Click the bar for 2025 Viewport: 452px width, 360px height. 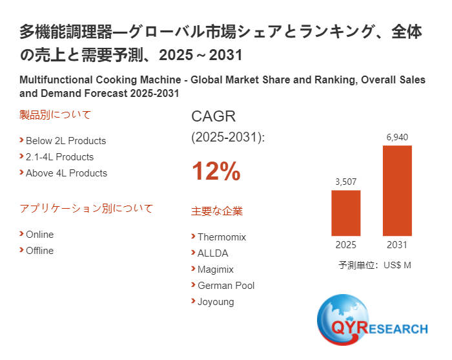(x=345, y=213)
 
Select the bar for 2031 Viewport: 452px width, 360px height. (x=397, y=191)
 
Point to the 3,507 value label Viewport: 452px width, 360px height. (x=345, y=182)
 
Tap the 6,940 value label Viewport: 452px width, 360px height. (x=397, y=137)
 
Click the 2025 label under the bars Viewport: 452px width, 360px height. (x=345, y=245)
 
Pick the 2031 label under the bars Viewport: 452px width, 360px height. (x=397, y=245)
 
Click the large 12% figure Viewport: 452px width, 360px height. (x=216, y=172)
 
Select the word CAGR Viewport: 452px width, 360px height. (x=214, y=117)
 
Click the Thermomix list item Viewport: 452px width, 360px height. (x=221, y=237)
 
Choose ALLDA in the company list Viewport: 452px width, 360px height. (x=213, y=253)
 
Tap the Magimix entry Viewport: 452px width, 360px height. (x=216, y=270)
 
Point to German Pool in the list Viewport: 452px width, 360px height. (x=226, y=286)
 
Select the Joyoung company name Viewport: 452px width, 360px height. (x=216, y=302)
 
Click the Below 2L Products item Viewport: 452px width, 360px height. (x=65, y=141)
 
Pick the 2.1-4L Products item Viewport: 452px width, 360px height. (x=59, y=157)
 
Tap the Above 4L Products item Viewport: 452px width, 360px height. (x=66, y=173)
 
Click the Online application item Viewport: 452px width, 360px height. (x=39, y=235)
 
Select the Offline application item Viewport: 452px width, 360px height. (x=39, y=251)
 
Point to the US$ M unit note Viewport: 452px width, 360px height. (x=375, y=265)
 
